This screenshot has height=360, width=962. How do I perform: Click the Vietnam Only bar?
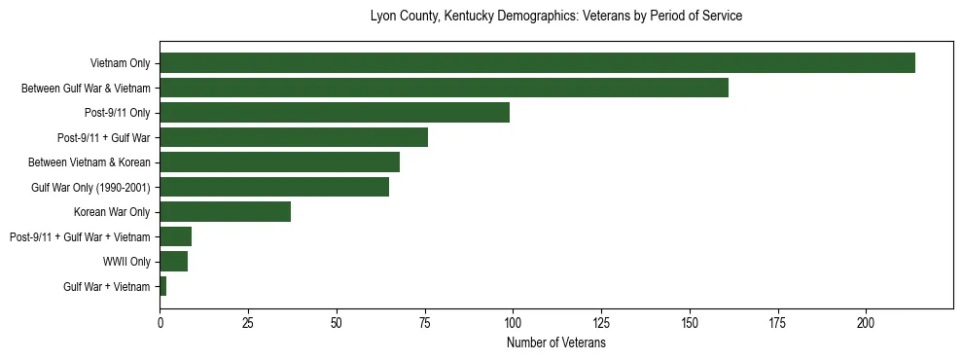click(537, 63)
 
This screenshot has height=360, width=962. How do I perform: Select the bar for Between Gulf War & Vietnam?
click(444, 89)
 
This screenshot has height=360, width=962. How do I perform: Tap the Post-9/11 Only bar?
click(335, 113)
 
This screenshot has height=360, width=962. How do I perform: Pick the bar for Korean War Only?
click(225, 211)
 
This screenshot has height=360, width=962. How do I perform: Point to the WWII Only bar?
click(173, 261)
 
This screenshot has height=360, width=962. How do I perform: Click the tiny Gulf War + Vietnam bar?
click(163, 286)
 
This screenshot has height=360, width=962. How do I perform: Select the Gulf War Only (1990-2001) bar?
click(274, 187)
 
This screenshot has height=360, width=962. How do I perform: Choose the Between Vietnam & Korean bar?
click(279, 162)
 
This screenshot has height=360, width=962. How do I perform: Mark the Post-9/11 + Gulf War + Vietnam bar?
click(175, 236)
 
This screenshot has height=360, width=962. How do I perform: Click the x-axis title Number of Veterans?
click(556, 343)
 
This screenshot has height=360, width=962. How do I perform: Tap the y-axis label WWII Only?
click(126, 262)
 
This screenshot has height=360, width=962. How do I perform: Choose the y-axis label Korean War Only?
click(112, 212)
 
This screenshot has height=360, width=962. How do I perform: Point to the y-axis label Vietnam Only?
click(120, 64)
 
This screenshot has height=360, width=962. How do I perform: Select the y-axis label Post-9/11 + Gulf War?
click(104, 138)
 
